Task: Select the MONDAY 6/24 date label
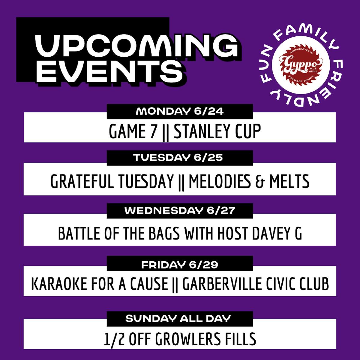[x=180, y=112]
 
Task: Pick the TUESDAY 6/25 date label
[x=178, y=158]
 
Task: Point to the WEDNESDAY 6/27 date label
[x=180, y=211]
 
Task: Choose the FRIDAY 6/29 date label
[x=180, y=265]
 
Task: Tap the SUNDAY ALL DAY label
[x=178, y=319]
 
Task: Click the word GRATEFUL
[x=82, y=181]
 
